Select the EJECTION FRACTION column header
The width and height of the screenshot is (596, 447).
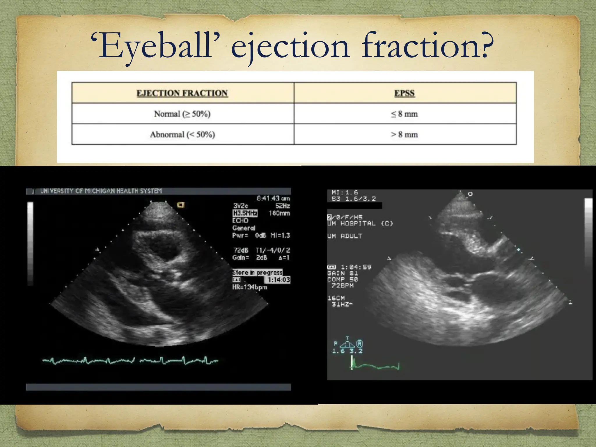click(x=182, y=93)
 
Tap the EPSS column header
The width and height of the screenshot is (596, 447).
click(x=404, y=93)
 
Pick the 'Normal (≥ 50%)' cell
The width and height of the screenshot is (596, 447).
click(x=182, y=114)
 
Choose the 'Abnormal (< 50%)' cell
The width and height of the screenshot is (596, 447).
click(x=182, y=134)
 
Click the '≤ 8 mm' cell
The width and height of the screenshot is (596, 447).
click(x=404, y=114)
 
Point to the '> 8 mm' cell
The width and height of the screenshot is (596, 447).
click(x=404, y=134)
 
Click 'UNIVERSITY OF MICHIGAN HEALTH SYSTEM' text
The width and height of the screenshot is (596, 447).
click(x=101, y=191)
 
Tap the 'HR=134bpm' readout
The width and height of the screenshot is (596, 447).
click(x=249, y=287)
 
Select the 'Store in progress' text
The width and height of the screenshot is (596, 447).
click(x=257, y=272)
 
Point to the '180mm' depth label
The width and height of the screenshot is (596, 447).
click(x=279, y=213)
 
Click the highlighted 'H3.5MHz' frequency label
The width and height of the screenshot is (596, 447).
click(x=245, y=213)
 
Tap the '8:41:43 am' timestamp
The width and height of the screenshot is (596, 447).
click(x=273, y=198)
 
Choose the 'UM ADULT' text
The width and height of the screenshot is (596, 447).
click(x=345, y=236)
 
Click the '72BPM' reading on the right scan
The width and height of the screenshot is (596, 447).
click(x=343, y=286)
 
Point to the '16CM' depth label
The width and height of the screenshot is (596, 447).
click(x=336, y=298)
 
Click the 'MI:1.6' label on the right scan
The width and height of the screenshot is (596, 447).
click(x=345, y=192)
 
